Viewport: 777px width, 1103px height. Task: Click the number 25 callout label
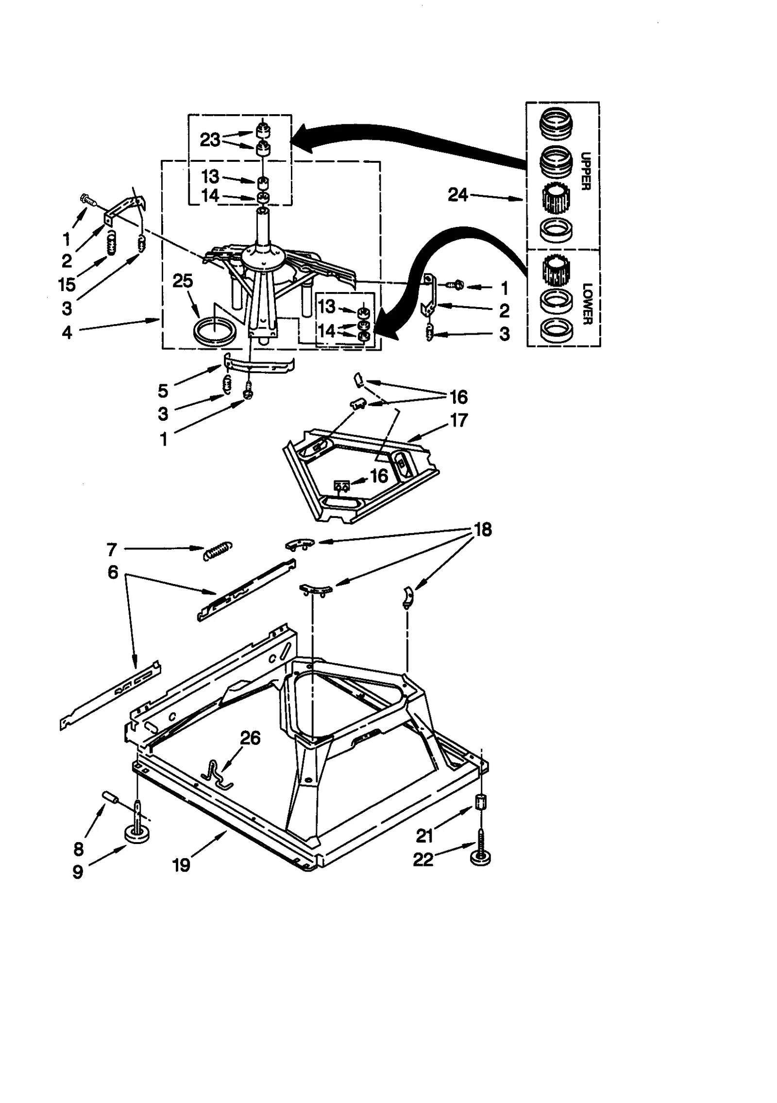point(183,281)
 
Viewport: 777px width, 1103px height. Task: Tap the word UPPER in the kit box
point(586,171)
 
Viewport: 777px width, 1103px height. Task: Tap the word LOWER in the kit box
point(587,304)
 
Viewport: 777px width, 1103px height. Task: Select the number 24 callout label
point(457,195)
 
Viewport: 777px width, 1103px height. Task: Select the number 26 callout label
point(250,738)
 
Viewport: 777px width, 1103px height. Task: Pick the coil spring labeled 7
point(218,551)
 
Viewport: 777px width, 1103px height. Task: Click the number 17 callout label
point(459,420)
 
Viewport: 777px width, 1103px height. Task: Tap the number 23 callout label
point(210,140)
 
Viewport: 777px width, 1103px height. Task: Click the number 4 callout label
point(67,332)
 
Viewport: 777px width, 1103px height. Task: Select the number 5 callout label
point(163,391)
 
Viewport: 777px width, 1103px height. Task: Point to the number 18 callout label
point(482,529)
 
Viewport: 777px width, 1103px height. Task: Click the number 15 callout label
point(67,285)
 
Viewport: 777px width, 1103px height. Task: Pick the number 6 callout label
point(113,572)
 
